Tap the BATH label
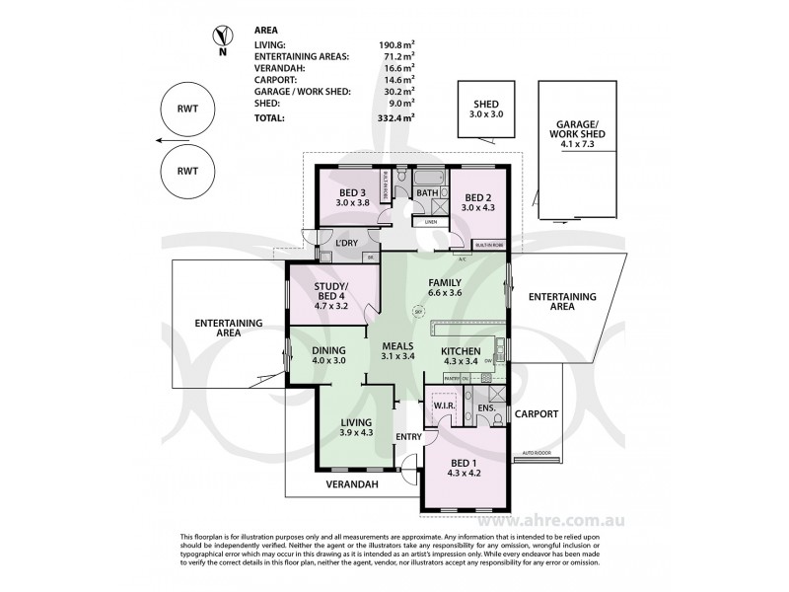point(426,192)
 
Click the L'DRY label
point(346,244)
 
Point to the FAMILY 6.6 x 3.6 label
point(445,287)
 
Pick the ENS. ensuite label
point(485,407)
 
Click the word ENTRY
point(408,437)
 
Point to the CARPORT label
point(537,414)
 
